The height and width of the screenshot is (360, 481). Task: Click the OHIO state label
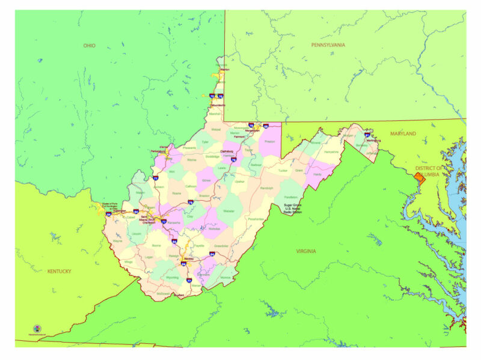(89, 45)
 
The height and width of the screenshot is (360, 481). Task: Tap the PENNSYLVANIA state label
(328, 45)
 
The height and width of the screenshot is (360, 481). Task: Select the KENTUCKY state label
(59, 271)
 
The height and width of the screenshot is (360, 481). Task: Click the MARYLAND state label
(402, 133)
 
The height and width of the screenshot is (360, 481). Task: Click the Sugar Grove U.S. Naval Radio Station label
(293, 209)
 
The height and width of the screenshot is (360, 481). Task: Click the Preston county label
(270, 141)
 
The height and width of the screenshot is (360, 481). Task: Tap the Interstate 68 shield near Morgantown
(265, 126)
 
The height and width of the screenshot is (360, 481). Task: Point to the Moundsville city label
(217, 105)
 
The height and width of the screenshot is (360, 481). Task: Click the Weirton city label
(225, 70)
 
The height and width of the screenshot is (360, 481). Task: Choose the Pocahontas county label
(256, 219)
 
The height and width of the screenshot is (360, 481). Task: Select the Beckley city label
(192, 259)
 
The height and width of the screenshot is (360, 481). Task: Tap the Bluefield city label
(178, 295)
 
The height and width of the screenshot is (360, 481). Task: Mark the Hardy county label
(318, 174)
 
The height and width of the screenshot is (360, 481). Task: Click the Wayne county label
(118, 241)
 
